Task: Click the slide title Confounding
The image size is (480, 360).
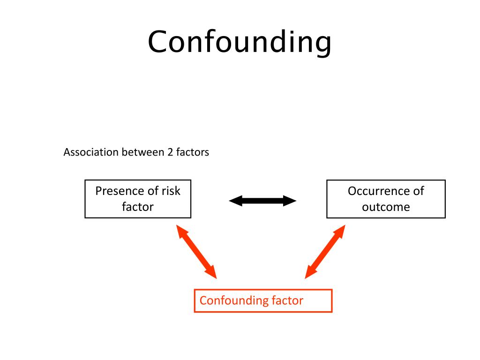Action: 240,43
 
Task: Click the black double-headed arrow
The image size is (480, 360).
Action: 262,201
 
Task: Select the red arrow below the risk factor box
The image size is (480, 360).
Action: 197,252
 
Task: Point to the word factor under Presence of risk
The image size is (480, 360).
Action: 138,207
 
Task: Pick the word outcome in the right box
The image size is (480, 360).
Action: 386,207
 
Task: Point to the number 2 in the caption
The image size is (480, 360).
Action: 170,153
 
